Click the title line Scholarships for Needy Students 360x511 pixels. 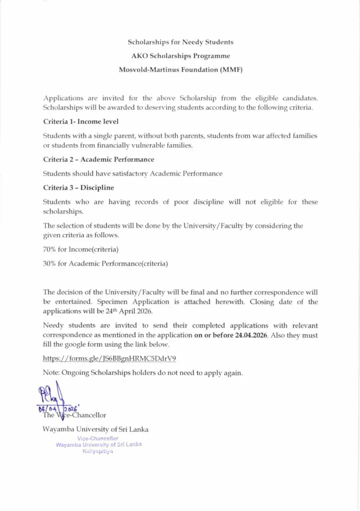tap(180, 42)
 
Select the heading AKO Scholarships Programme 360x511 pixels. tap(180, 56)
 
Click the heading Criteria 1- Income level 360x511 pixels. tap(81, 121)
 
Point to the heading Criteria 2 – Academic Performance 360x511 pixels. tap(99, 159)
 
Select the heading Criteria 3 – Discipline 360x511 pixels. tap(79, 188)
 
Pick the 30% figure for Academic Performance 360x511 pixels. tap(49, 263)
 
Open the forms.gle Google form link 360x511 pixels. tap(110, 358)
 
